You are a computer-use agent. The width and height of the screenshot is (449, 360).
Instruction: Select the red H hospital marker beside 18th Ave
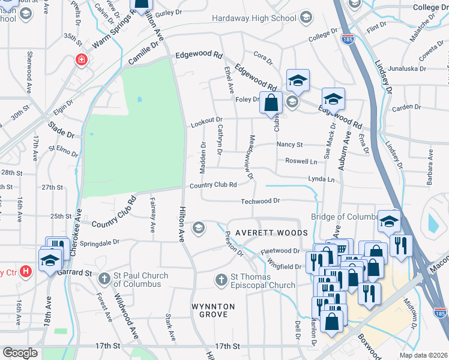pos(25,271)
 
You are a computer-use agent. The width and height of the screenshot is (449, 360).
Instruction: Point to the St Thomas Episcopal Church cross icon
pos(221,279)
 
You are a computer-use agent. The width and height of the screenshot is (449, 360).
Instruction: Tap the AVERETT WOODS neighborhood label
pos(271,232)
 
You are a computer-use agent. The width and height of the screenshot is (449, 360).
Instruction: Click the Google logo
pos(20,353)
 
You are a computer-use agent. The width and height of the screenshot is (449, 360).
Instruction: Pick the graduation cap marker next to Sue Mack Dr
pos(333,98)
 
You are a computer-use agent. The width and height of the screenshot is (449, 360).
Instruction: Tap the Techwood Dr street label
pos(261,201)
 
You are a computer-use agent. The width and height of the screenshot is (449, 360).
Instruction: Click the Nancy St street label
pos(289,145)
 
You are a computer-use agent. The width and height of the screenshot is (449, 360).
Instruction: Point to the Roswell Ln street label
pos(301,161)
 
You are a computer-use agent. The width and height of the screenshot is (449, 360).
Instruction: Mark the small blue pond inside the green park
pos(139,99)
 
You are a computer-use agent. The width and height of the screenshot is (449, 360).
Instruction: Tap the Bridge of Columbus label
pos(343,217)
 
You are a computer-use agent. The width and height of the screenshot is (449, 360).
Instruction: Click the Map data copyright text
pos(423,355)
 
